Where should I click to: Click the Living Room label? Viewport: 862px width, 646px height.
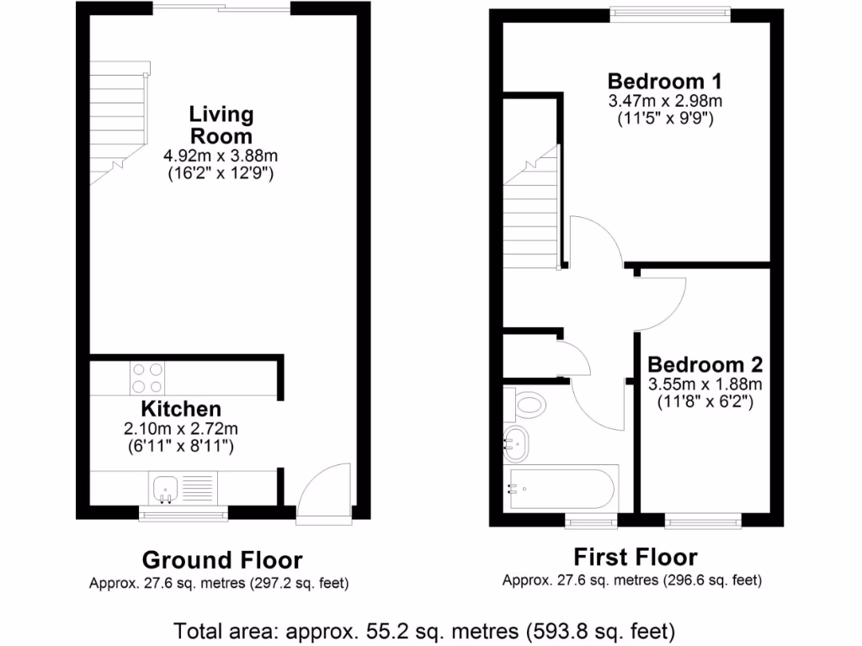[x=221, y=124]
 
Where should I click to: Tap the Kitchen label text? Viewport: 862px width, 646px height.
[x=180, y=410]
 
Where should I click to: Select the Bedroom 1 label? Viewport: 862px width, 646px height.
[x=665, y=82]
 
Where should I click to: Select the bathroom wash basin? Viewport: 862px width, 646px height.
[x=514, y=440]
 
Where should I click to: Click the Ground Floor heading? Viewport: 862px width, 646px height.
[x=221, y=559]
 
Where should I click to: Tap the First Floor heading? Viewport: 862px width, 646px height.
[x=635, y=557]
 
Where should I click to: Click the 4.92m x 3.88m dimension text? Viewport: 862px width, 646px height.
[x=221, y=156]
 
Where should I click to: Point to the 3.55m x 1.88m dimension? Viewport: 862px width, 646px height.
[x=705, y=384]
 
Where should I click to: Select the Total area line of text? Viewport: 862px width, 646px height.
[x=424, y=629]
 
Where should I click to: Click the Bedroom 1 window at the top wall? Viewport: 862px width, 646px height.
[x=669, y=13]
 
